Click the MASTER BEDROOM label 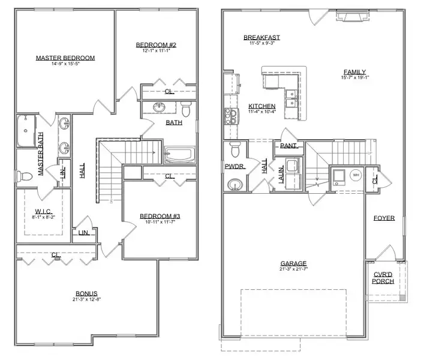click(65, 58)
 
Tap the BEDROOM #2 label click(155, 45)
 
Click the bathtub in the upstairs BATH click(179, 155)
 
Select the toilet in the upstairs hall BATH click(186, 110)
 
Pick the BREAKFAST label click(261, 38)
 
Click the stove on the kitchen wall click(229, 115)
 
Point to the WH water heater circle click(355, 175)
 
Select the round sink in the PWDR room click(236, 183)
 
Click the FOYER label click(384, 218)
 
